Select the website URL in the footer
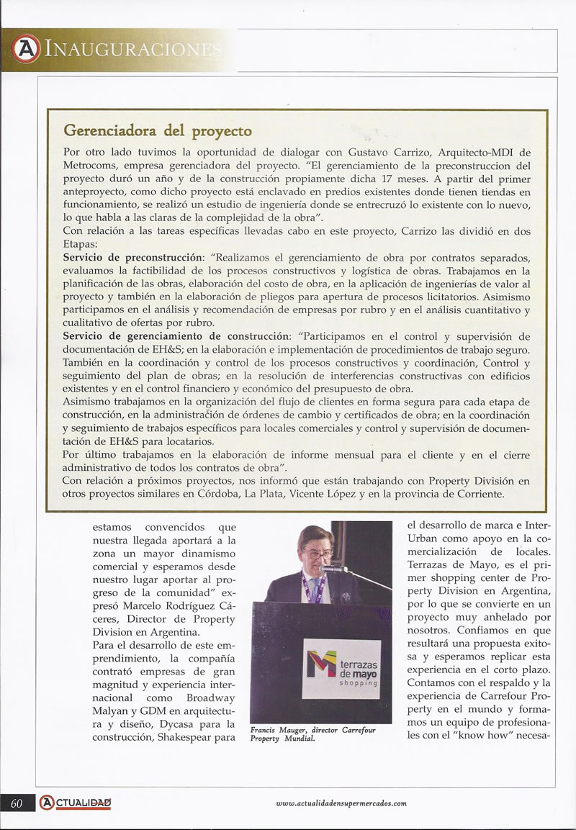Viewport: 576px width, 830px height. [x=341, y=803]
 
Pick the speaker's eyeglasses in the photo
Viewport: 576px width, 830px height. [x=318, y=555]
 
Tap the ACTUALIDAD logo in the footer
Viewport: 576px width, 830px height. [x=75, y=803]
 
